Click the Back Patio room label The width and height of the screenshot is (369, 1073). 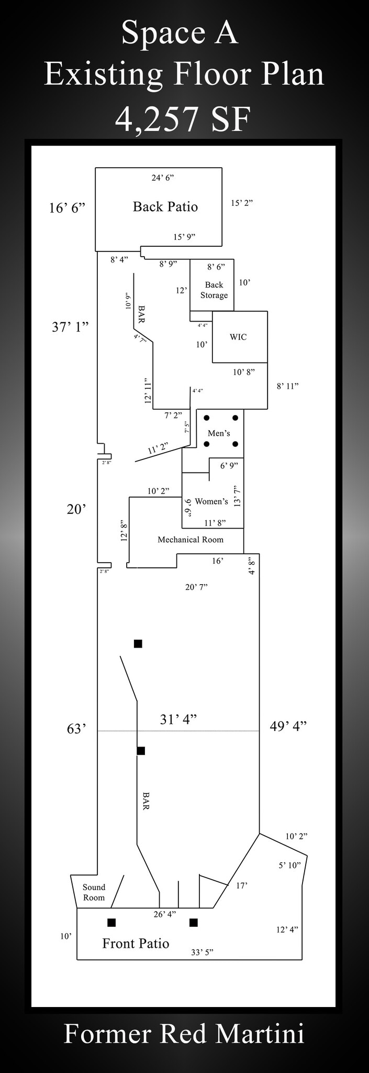point(165,207)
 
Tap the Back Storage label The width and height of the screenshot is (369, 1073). point(214,290)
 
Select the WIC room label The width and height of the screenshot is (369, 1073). point(238,337)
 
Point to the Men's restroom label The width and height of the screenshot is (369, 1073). point(219,433)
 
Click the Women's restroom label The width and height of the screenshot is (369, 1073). point(211,501)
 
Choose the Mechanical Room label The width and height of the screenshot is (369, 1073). point(191,540)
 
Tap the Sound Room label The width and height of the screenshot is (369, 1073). point(94,892)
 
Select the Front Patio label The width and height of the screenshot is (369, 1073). point(136,944)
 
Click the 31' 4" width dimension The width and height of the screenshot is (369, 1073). point(178,720)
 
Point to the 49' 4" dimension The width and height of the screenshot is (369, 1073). point(288,726)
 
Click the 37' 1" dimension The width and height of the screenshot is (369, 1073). point(70,327)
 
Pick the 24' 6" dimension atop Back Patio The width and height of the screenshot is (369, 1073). point(163,178)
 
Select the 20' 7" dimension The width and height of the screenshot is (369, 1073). point(196,587)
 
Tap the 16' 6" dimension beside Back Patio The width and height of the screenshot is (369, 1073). point(67,208)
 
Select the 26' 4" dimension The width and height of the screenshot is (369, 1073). point(165,914)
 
